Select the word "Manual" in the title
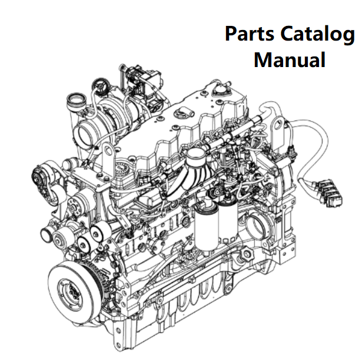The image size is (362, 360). point(290,59)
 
